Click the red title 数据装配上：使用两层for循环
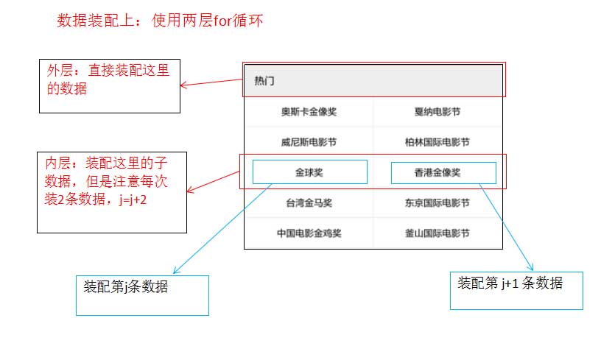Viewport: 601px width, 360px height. pyautogui.click(x=160, y=21)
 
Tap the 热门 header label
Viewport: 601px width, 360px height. pyautogui.click(x=264, y=81)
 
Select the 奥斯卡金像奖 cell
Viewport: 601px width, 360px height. pyautogui.click(x=309, y=113)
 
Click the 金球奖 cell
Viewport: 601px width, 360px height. pyautogui.click(x=309, y=172)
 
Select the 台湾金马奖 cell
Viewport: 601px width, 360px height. pyautogui.click(x=309, y=202)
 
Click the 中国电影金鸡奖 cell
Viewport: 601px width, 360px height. pyautogui.click(x=309, y=233)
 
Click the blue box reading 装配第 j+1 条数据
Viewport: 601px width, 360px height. pyautogui.click(x=516, y=290)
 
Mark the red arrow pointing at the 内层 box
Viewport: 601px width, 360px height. pyautogui.click(x=214, y=182)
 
